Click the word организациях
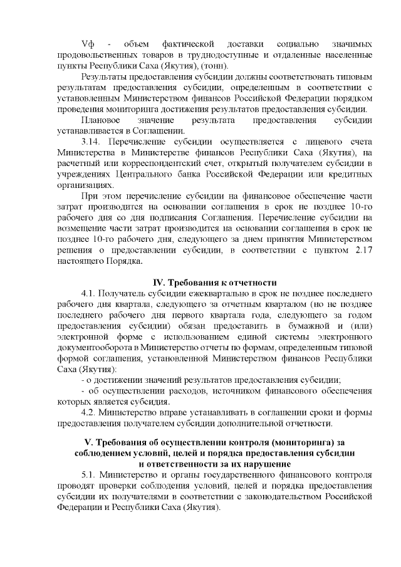click(80, 185)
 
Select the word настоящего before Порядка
click(80, 261)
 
